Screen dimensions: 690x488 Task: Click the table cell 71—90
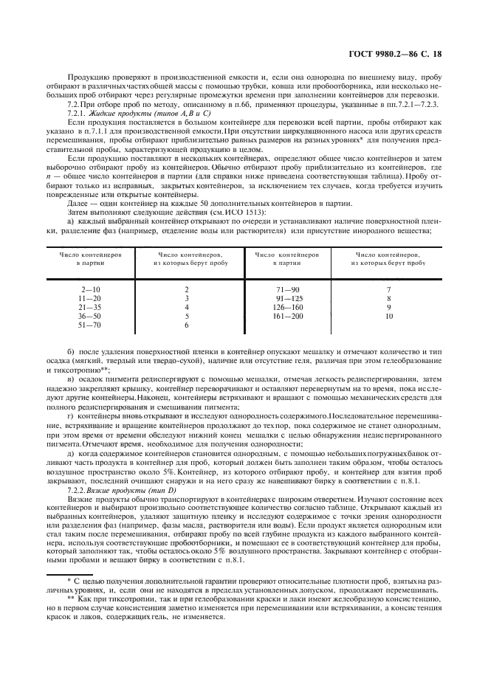click(x=287, y=289)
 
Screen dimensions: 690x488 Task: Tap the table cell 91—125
click(x=287, y=298)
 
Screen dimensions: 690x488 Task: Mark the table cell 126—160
click(x=287, y=307)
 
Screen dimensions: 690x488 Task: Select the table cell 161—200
click(x=287, y=316)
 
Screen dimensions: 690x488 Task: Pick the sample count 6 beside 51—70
click(x=187, y=325)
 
